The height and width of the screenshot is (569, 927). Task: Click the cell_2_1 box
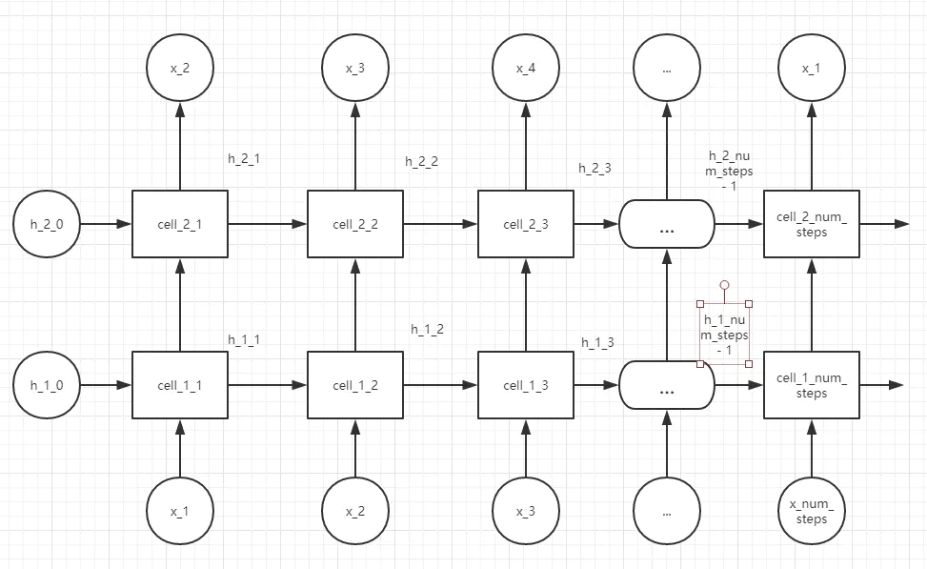180,224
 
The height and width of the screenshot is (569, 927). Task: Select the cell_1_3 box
525,385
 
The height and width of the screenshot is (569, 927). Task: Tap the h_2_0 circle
47,224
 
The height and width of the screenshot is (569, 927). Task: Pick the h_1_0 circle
47,386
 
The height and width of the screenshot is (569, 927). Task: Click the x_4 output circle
525,69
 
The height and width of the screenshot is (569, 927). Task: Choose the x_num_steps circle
812,511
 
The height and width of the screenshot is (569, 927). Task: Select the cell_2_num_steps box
812,224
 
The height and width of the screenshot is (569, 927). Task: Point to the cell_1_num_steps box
812,386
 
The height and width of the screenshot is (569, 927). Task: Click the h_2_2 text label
421,161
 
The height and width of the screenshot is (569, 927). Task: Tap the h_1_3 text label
597,342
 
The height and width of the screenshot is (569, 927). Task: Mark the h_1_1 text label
244,338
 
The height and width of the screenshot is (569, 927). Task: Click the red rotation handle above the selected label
724,285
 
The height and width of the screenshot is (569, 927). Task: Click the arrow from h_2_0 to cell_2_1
105,224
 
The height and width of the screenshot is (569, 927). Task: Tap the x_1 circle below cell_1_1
180,511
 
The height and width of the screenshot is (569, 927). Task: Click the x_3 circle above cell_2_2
355,69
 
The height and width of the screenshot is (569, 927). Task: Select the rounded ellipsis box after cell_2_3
667,224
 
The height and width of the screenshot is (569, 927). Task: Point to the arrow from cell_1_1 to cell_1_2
268,386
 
